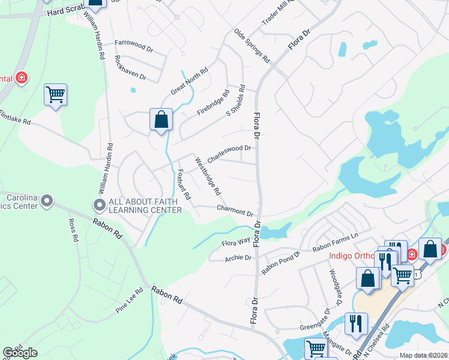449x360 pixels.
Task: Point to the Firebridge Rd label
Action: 214,103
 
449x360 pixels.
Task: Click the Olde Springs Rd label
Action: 253,45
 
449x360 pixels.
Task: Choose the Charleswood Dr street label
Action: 229,154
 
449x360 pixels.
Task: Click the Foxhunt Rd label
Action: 184,184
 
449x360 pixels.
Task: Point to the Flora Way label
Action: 236,243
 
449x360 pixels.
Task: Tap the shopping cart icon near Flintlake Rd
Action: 55,94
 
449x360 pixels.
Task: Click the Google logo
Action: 20,353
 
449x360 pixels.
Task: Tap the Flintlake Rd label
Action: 15,117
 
